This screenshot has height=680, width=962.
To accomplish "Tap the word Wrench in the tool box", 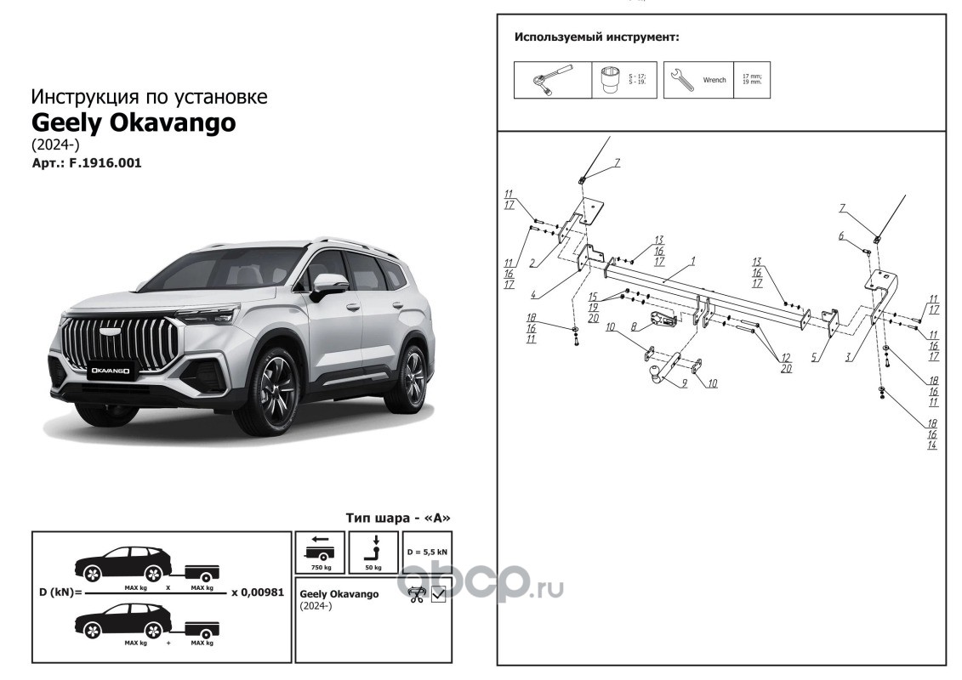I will (x=714, y=80).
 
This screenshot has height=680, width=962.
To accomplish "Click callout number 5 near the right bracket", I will (x=814, y=358).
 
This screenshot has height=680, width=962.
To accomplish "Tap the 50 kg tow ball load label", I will (x=373, y=566).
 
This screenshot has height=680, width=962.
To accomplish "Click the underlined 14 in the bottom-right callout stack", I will (x=932, y=445).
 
